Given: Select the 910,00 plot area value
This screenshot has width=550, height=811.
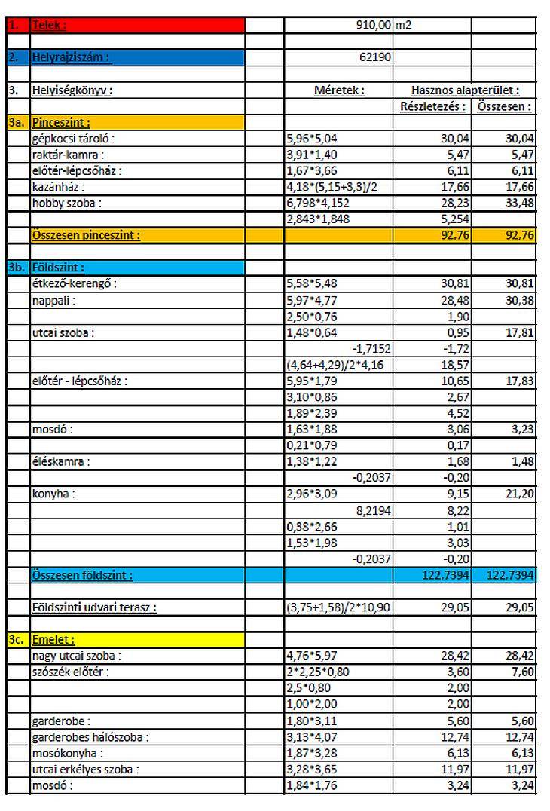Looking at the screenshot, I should (374, 26).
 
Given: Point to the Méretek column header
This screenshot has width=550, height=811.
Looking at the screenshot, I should (339, 90).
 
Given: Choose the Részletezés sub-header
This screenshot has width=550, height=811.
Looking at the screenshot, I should (432, 106).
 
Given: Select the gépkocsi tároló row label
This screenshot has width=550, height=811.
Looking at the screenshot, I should (74, 139).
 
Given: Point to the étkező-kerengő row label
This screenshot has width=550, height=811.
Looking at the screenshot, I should (75, 283).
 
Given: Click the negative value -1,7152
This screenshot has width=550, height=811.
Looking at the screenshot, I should (371, 348).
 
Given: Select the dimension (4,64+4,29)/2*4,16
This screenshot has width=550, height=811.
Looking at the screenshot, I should (338, 364).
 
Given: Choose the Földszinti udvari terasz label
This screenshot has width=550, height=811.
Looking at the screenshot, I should (94, 607).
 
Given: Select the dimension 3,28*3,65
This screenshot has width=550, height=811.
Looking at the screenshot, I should (312, 770).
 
